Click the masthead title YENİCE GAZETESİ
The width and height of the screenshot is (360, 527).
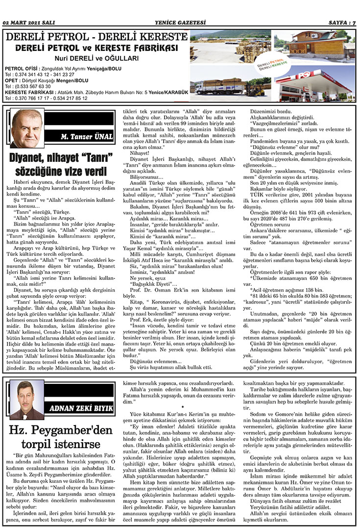pyautogui.click(x=179, y=23)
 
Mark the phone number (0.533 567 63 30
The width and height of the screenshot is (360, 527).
pyautogui.click(x=32, y=86)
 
